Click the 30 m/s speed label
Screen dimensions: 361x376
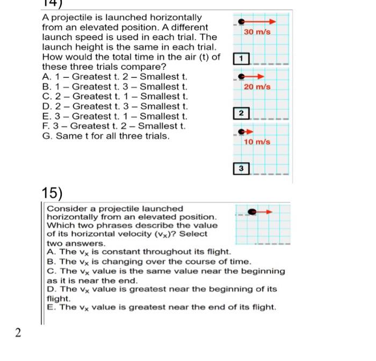click(257, 32)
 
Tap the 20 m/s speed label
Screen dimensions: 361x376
click(257, 87)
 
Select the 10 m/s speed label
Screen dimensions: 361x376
click(257, 142)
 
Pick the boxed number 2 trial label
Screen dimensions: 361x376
click(242, 113)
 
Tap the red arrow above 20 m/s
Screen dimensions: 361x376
click(256, 76)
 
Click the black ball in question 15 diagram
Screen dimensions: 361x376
click(251, 212)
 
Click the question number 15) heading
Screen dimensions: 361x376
click(52, 193)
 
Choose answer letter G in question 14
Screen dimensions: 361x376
click(46, 136)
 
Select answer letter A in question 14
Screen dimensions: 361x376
click(46, 76)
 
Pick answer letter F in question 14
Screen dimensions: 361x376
click(45, 126)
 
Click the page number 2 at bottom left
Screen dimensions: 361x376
click(18, 333)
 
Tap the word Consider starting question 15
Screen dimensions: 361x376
click(64, 208)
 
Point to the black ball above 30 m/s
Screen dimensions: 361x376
click(242, 21)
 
